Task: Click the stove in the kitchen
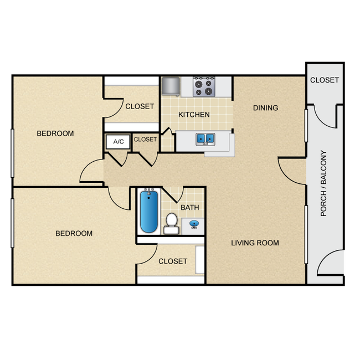coord(204,86)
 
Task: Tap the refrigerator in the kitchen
coord(171,86)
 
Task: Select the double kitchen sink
coord(205,139)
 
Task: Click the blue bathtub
coord(149,212)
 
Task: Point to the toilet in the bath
coord(171,224)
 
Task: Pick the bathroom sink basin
coord(194,224)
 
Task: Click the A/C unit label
coord(119,141)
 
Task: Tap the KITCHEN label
coord(194,115)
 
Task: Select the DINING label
coord(266,107)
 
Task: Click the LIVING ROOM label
coord(255,243)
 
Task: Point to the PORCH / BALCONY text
coord(323,183)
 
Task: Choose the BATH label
coord(190,207)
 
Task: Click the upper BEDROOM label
coord(55,133)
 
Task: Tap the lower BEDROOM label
coord(74,233)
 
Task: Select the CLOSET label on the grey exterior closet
coord(325,80)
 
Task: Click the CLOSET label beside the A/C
coord(145,140)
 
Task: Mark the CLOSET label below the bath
coord(173,261)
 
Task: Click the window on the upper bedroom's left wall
coord(12,153)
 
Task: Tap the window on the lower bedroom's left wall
coord(12,223)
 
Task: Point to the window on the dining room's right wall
coord(306,126)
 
